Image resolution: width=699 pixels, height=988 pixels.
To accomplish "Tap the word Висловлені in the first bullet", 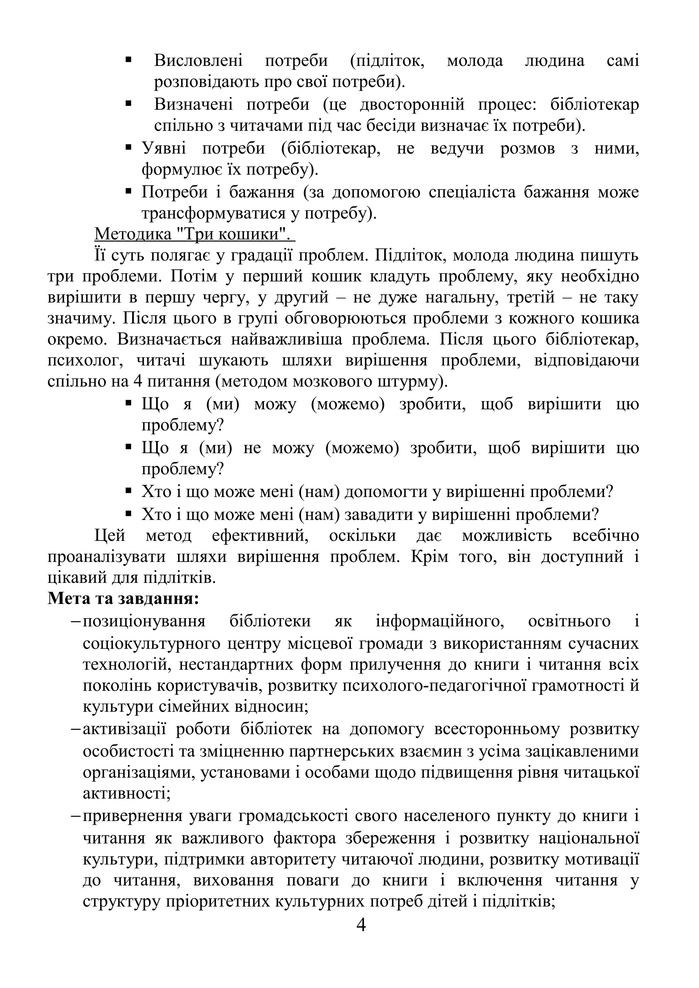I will [198, 60].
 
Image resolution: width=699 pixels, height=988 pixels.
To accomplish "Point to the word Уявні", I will [164, 148].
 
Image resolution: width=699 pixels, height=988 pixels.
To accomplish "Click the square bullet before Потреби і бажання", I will [128, 191].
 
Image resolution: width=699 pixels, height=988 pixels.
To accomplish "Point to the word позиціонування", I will [144, 621].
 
